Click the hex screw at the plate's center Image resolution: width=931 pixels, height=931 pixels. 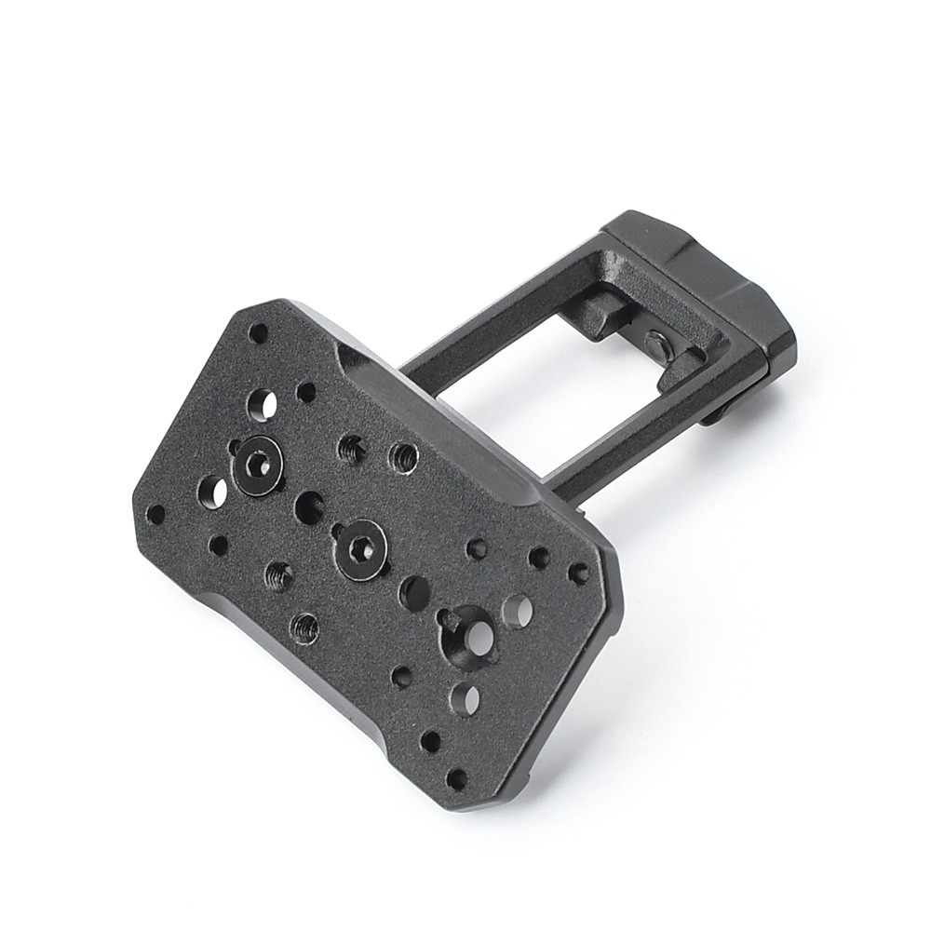coord(361,549)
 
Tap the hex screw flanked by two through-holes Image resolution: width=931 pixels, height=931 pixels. coord(258,463)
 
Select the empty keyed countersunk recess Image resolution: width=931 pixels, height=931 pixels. coord(469,637)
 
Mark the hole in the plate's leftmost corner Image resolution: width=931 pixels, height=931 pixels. coord(155,514)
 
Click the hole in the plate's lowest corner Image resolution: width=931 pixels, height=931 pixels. coord(456,778)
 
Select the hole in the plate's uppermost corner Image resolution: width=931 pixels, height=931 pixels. coord(259,332)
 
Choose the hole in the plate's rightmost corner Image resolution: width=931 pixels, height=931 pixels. coord(578,573)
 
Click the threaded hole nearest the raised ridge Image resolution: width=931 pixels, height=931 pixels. coord(403,456)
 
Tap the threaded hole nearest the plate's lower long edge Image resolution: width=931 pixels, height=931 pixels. coord(304,627)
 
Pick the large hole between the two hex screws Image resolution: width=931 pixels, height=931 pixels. coord(308,507)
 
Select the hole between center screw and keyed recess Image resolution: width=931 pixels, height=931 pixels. coord(414,592)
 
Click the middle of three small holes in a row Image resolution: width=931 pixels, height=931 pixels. coord(538,558)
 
